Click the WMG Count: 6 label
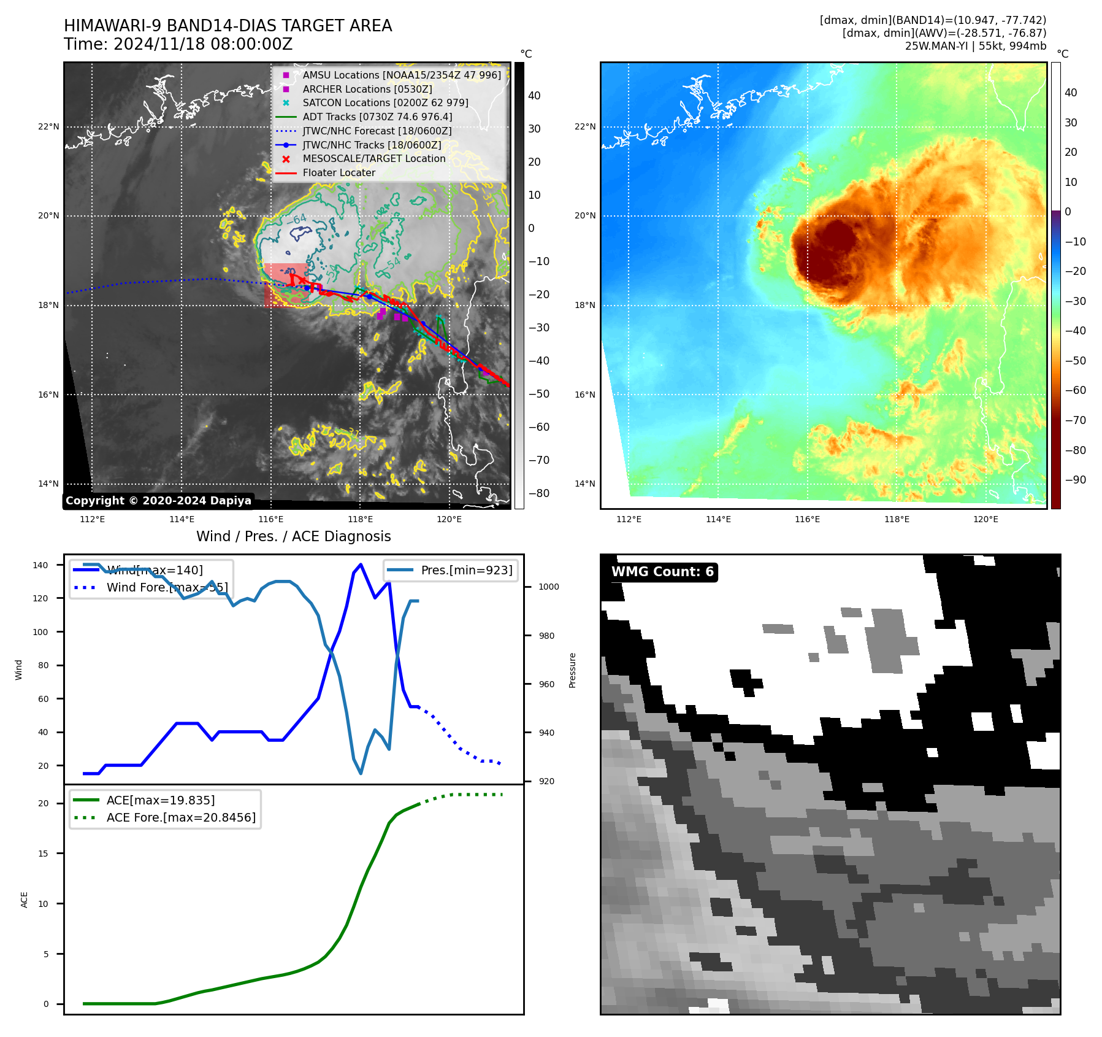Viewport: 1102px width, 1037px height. point(662,572)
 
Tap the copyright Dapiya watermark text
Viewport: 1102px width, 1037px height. point(158,501)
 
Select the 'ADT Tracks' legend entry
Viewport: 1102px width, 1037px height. point(377,117)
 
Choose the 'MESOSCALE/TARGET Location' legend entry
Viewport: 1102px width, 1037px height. point(373,158)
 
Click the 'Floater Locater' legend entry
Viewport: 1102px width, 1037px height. point(339,172)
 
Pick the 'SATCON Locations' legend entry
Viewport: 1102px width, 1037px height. point(385,102)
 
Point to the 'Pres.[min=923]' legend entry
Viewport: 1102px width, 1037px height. point(466,570)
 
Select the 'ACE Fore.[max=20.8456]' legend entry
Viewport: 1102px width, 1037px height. point(181,817)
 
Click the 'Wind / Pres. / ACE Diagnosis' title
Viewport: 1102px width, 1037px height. point(293,536)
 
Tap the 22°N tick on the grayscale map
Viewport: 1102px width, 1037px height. point(49,127)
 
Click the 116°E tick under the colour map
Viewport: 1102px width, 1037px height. point(807,519)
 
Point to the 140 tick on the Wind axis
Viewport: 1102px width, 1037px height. point(40,565)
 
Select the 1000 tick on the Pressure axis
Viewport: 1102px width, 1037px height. point(549,587)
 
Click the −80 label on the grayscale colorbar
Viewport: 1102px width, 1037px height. point(539,493)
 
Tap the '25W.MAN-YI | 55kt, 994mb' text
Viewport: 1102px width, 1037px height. point(975,46)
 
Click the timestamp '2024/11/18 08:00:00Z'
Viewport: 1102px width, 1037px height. point(202,45)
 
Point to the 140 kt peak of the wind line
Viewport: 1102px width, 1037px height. point(361,565)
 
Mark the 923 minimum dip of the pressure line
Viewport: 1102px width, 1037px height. point(361,773)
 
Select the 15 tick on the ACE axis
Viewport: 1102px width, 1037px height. point(43,854)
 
